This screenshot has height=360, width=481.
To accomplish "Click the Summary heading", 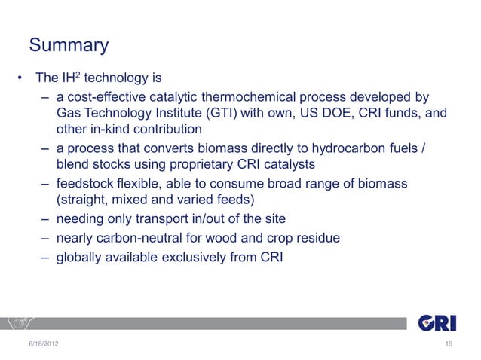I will (69, 46).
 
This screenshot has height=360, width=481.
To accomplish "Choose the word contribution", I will (172, 129).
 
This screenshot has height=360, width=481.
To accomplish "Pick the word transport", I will (177, 219).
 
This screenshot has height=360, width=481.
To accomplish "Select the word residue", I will (316, 238).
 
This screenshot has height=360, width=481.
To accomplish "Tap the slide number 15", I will (449, 345).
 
